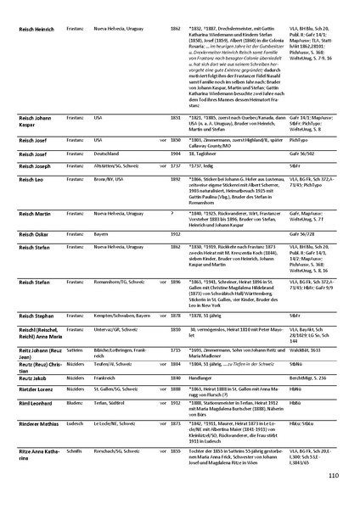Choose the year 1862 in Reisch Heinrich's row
pyautogui.click(x=175, y=28)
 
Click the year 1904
pyautogui.click(x=175, y=154)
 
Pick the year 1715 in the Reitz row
pyautogui.click(x=175, y=349)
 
